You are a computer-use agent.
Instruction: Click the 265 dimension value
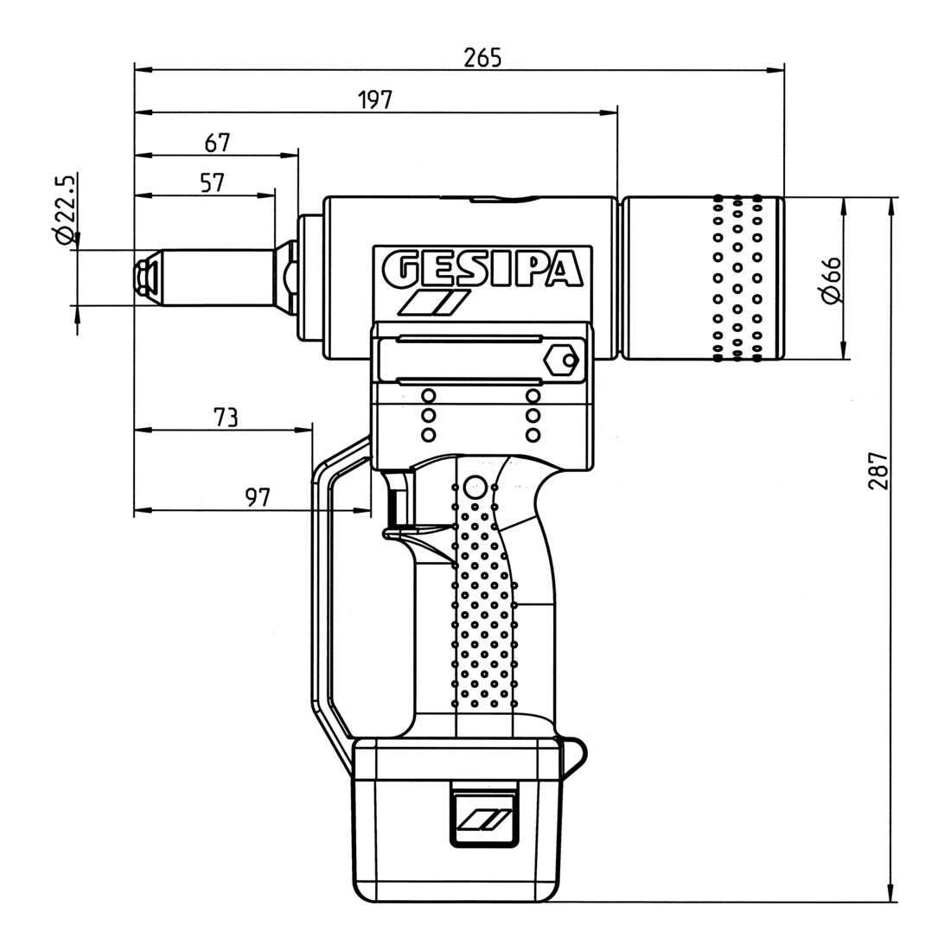tap(482, 58)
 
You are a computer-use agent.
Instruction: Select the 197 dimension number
tap(375, 100)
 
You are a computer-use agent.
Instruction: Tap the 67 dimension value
tap(218, 143)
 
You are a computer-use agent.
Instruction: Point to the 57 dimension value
tap(213, 182)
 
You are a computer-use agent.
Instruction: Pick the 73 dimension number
tap(225, 418)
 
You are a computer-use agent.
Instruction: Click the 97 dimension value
tap(257, 497)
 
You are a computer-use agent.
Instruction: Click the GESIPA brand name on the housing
tap(483, 269)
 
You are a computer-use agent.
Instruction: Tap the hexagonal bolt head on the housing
tap(560, 361)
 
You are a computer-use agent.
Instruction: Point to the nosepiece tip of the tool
tap(145, 278)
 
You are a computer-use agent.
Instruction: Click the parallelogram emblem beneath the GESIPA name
tap(434, 303)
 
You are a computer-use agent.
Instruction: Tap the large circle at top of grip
tap(475, 487)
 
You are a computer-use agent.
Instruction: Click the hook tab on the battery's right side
tap(574, 758)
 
